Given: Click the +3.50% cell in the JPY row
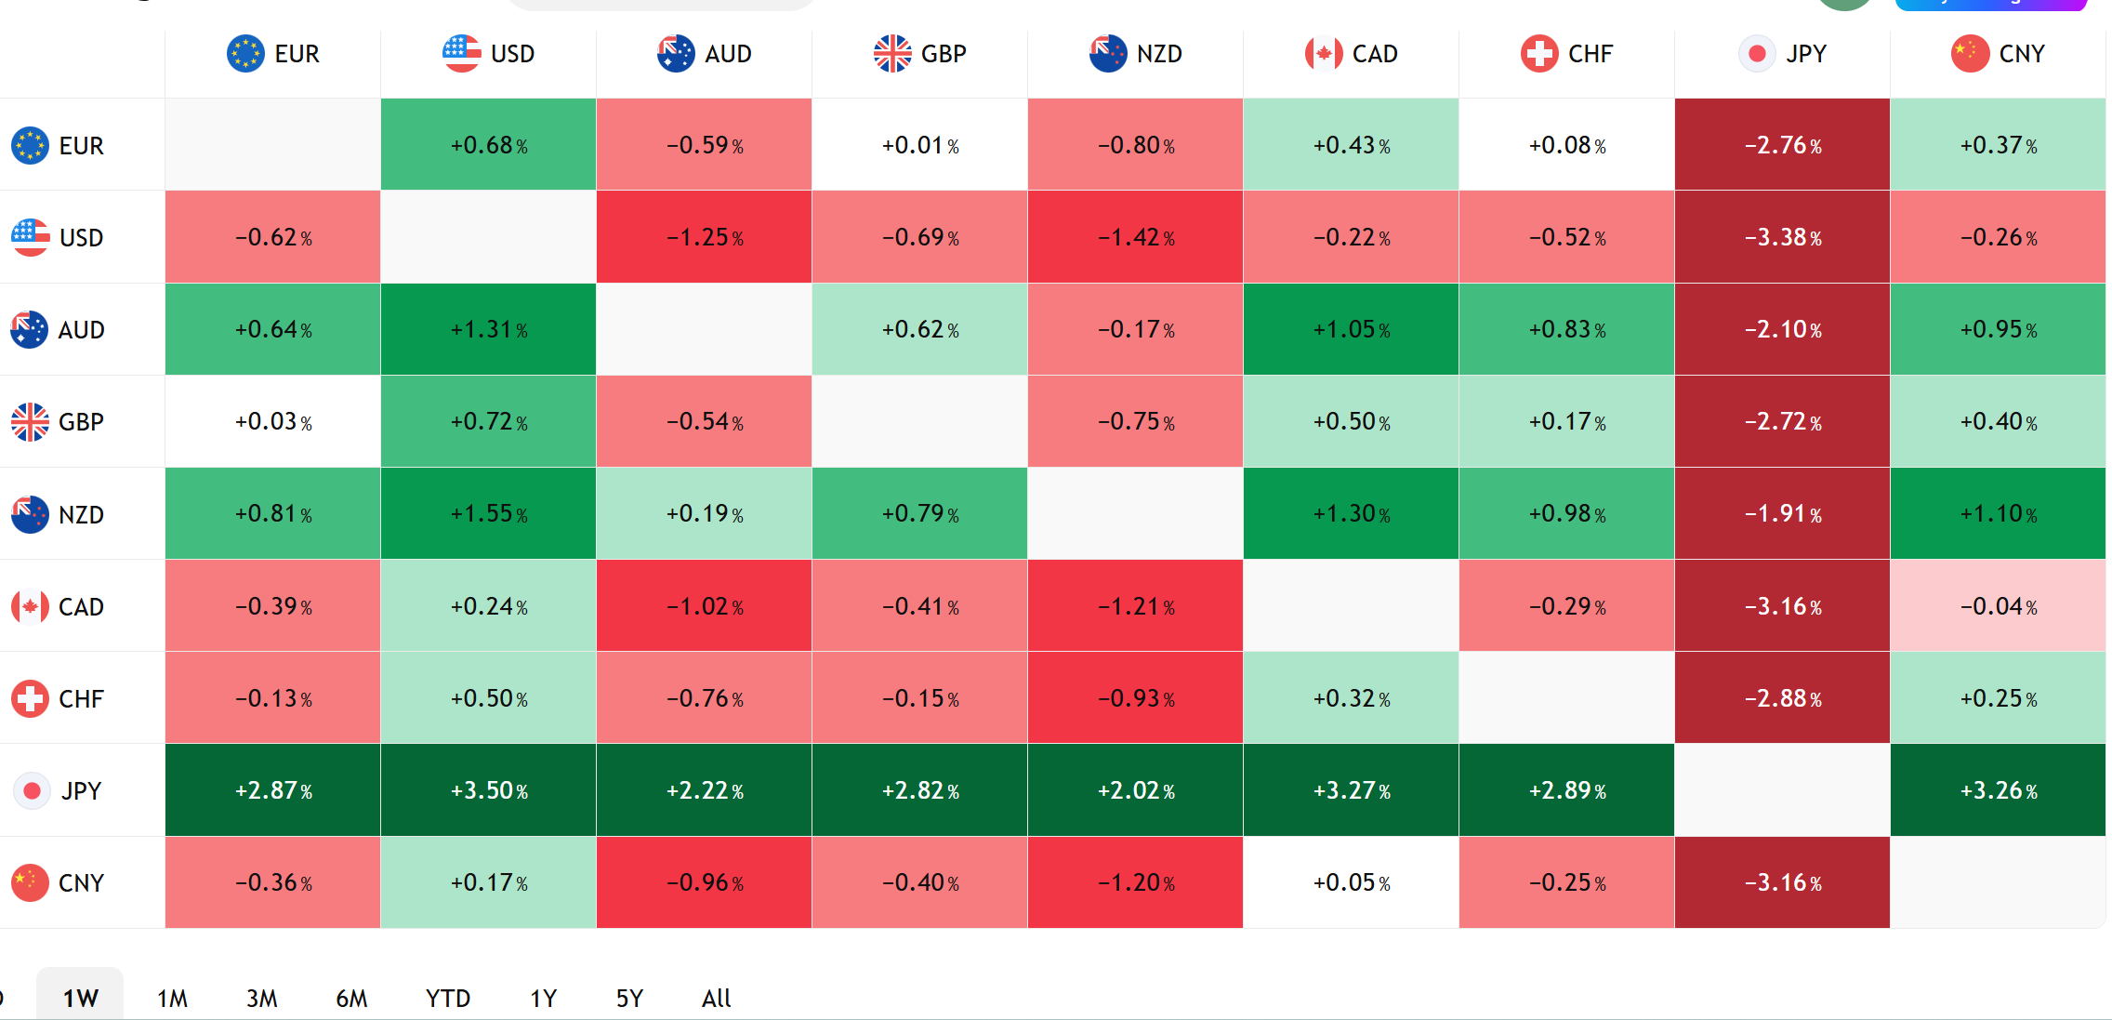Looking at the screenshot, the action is pos(488,790).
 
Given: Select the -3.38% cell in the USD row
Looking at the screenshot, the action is pos(1782,237).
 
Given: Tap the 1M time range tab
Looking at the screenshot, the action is pos(172,999).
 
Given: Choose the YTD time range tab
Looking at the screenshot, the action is pos(448,999).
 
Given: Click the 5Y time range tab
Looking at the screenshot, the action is pos(629,999).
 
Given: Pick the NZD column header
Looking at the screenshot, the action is pos(1135,54).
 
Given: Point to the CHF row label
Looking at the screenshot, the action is pos(58,698).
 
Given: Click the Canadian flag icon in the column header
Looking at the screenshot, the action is pos(1324,54).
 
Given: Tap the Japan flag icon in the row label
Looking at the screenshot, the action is pos(32,790).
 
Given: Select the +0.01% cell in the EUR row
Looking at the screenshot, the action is pos(919,145).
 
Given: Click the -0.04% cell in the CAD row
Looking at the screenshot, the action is pos(1998,606).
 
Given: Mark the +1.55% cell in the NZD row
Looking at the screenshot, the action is pos(488,514).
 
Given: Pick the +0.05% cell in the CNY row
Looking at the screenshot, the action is pos(1351,882).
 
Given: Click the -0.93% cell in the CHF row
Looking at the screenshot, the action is pos(1135,698).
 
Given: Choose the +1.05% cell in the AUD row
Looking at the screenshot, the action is pos(1351,329).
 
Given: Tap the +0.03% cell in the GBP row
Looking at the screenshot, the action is pos(272,421).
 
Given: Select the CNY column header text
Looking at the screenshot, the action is pos(2022,54).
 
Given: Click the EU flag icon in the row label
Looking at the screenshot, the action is pos(30,145).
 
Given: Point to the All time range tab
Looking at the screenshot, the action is pos(716,999).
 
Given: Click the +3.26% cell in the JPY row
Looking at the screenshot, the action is pos(1998,790).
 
